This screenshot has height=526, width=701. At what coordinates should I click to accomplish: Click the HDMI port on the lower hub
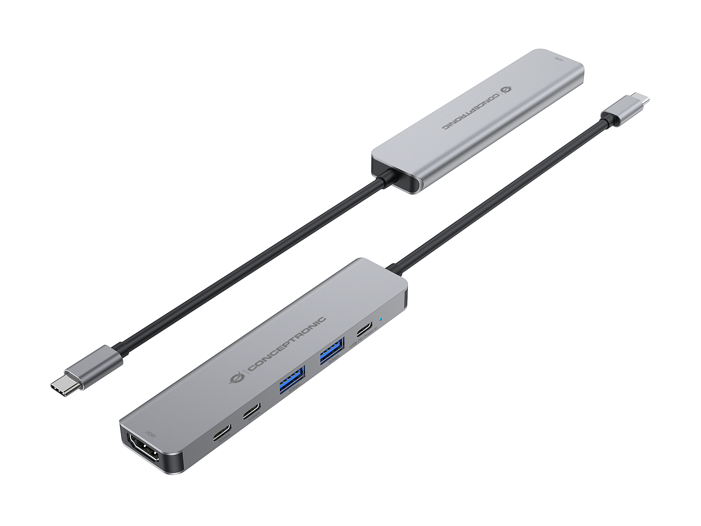tap(144, 450)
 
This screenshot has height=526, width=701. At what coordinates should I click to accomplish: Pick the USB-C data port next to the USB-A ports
tap(252, 411)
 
